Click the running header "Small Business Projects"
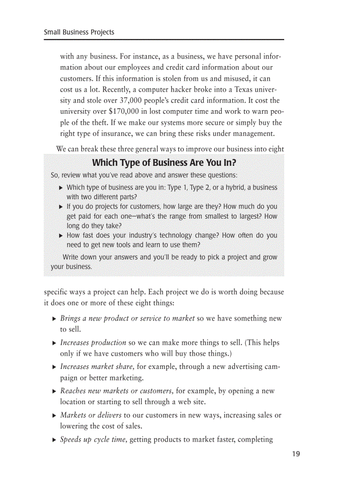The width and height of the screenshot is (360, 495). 79,32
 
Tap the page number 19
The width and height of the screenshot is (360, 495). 296,454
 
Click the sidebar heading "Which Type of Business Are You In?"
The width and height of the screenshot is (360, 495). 164,163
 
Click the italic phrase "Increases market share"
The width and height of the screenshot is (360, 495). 97,367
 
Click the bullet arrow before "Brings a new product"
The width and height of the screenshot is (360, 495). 54,319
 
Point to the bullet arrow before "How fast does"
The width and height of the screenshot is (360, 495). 61,236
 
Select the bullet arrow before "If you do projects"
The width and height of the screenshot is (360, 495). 61,207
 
